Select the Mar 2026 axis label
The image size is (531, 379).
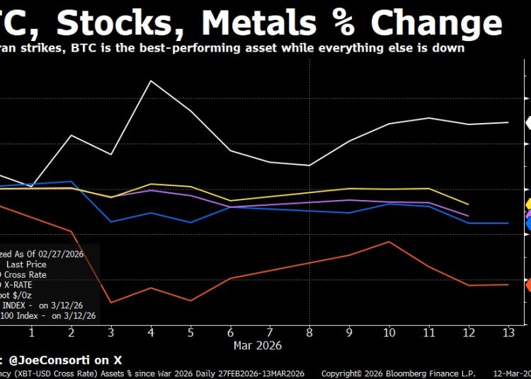click(258, 346)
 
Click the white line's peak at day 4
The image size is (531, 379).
click(151, 81)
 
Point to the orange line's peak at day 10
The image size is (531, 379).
click(389, 241)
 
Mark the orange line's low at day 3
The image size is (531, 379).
click(110, 303)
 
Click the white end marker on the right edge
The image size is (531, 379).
click(527, 122)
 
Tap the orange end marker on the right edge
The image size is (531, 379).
click(527, 284)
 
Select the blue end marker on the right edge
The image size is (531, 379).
click(527, 223)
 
